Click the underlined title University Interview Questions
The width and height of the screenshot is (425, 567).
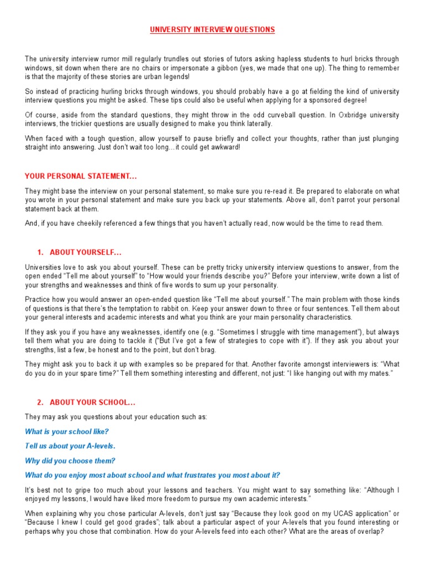[x=212, y=29]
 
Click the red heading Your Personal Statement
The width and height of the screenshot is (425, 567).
[x=81, y=177]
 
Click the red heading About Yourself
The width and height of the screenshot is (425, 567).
[x=85, y=252]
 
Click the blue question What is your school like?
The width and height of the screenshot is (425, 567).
[x=67, y=431]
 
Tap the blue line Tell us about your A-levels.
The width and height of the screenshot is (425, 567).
[x=70, y=446]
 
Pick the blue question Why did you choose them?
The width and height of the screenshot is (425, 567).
[x=70, y=461]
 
